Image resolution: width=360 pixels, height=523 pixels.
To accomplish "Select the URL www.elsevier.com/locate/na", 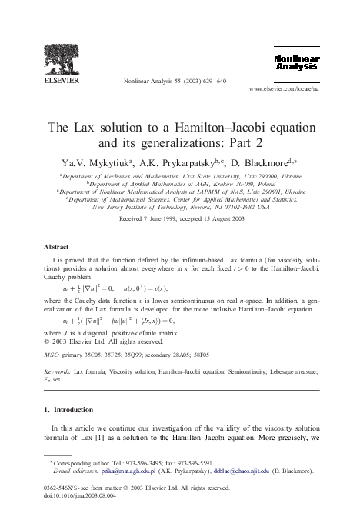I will coord(285,89).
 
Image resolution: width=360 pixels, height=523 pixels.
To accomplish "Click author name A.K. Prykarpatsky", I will coord(180,163).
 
